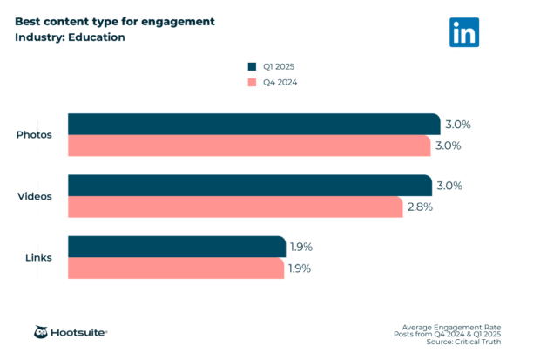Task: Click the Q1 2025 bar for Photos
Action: pos(253,124)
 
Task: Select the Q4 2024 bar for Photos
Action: pos(249,146)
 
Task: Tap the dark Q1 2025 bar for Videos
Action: pos(249,186)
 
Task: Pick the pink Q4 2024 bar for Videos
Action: pos(235,207)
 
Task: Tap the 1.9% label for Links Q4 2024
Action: pos(300,268)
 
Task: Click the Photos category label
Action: pos(34,135)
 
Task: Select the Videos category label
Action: pos(35,196)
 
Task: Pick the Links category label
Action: pos(38,258)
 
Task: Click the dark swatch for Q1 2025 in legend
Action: pos(252,66)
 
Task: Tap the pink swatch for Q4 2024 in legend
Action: pos(252,83)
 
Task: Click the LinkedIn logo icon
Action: pos(464,32)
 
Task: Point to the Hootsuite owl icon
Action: pos(41,332)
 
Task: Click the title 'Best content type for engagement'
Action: pos(114,21)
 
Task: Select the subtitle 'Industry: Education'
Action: pos(70,37)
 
